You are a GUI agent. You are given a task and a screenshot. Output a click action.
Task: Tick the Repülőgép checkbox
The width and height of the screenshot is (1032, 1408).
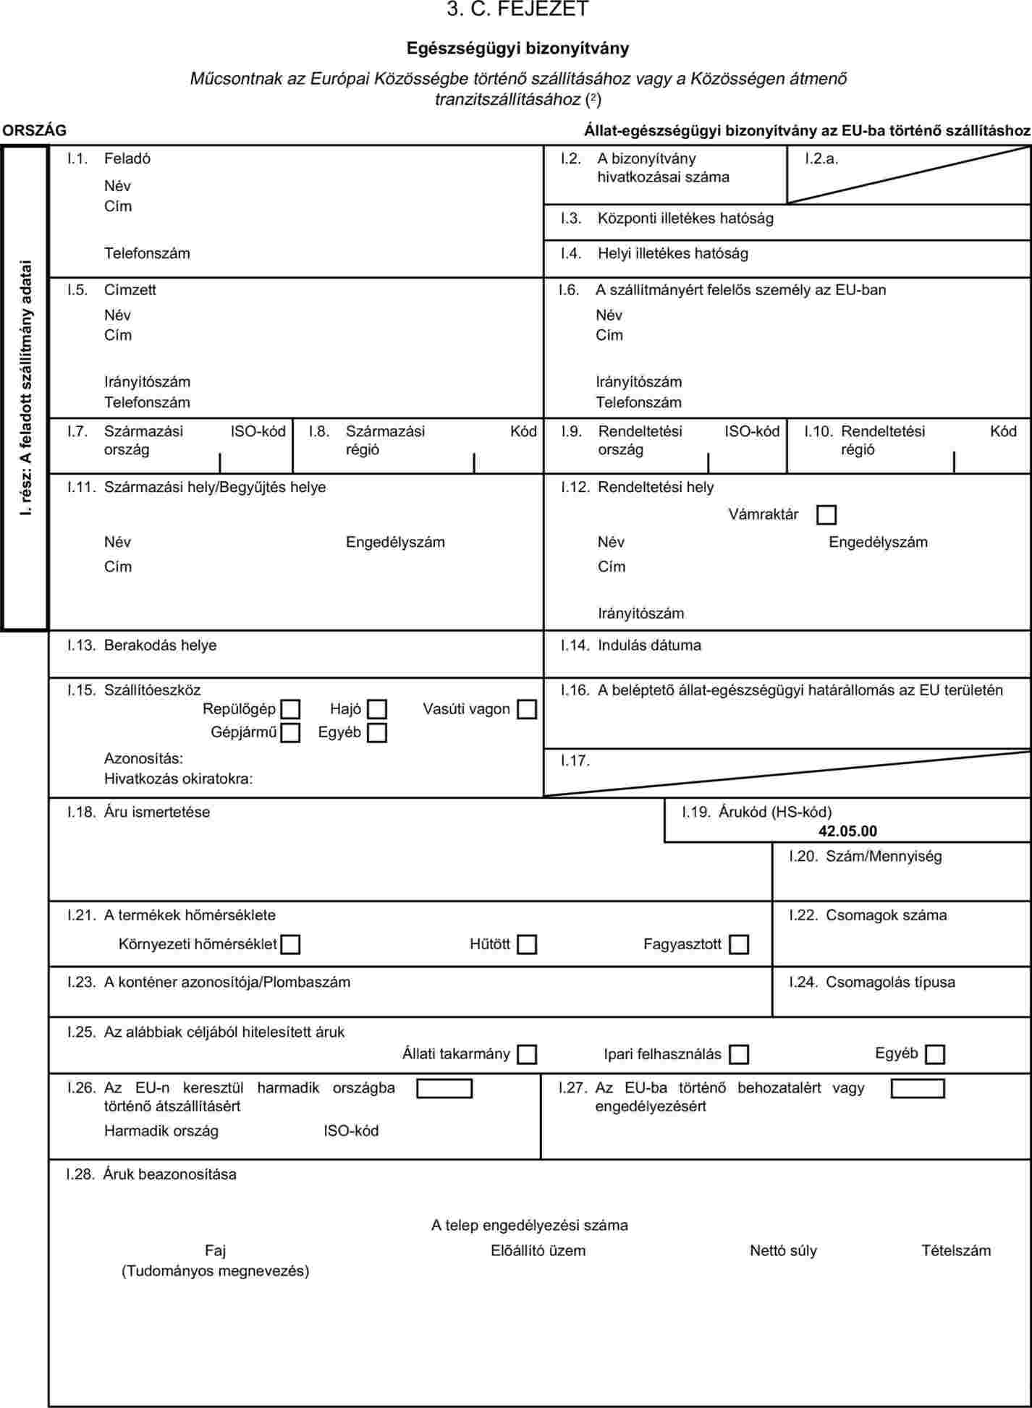coord(290,709)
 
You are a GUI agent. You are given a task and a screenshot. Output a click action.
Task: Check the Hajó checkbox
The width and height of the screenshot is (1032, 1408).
coord(377,709)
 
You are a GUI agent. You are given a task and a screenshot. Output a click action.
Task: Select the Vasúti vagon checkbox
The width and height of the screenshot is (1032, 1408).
coord(527,709)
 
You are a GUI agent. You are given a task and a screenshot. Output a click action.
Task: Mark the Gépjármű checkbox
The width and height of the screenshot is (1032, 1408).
coord(290,733)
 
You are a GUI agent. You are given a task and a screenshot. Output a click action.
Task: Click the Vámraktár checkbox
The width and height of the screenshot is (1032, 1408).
coord(826,514)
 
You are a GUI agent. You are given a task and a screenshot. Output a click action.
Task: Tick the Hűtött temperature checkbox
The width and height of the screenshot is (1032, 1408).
coord(527,944)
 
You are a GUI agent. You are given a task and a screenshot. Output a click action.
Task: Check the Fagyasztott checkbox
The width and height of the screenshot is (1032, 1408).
coord(739,944)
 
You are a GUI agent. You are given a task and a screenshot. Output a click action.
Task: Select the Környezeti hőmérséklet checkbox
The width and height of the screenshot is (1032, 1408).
coord(290,944)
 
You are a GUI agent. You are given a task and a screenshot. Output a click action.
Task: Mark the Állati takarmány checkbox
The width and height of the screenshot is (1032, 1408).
coord(527,1054)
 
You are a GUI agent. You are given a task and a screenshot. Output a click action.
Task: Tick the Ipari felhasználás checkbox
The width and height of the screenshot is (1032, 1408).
coord(739,1054)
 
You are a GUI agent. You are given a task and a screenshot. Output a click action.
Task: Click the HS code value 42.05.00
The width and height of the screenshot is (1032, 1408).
coord(847,831)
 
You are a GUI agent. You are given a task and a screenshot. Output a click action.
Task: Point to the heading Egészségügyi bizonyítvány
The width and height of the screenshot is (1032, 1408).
coord(517,48)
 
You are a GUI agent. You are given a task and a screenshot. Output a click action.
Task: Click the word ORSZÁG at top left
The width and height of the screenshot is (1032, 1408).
coord(34,130)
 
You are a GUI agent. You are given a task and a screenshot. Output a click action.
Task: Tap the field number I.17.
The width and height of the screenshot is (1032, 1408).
coord(575,760)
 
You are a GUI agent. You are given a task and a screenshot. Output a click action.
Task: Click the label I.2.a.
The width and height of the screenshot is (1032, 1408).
coord(821,158)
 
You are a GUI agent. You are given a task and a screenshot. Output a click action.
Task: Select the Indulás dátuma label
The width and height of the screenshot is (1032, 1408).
coord(649,645)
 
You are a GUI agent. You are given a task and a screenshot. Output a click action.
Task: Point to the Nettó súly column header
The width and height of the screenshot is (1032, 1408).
coord(783,1250)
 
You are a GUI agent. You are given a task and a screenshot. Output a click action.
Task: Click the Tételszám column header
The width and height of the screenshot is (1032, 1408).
coord(956,1250)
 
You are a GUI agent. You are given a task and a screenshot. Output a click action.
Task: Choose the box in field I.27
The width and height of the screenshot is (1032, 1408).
coord(918,1088)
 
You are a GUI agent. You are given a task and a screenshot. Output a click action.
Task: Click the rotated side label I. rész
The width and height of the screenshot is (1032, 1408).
coord(26,387)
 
